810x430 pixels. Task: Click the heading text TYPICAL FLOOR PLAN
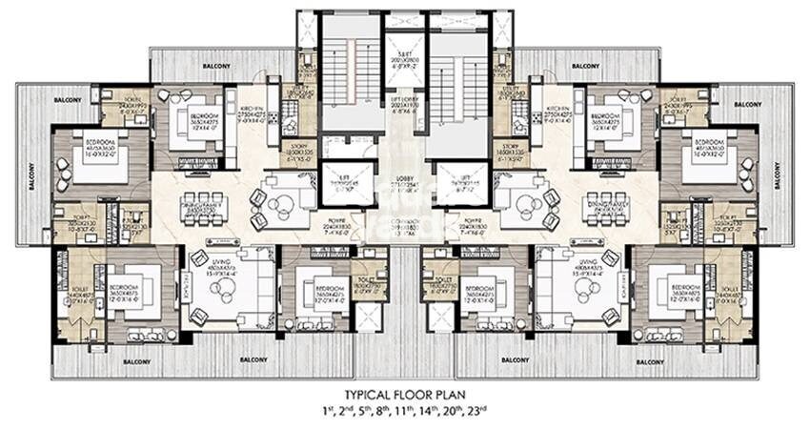tap(404, 394)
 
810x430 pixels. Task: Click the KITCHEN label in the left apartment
tap(252, 111)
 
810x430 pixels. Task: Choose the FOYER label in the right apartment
tap(476, 230)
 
